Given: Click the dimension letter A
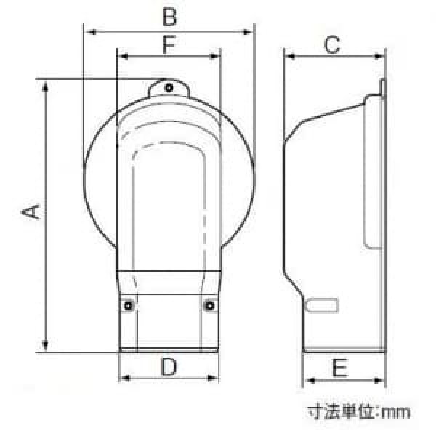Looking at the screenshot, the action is [31, 212].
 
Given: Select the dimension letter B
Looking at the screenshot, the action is [169, 17].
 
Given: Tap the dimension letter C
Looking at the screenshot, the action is [332, 44].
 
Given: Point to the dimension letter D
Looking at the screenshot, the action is [169, 366].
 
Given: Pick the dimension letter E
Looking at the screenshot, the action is [340, 368].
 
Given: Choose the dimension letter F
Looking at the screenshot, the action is [169, 44].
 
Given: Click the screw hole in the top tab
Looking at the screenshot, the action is [169, 88].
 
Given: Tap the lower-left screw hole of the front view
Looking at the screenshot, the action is [128, 306].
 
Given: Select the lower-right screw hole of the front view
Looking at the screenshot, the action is [209, 306].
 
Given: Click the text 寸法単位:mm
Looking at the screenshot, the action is [359, 412].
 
